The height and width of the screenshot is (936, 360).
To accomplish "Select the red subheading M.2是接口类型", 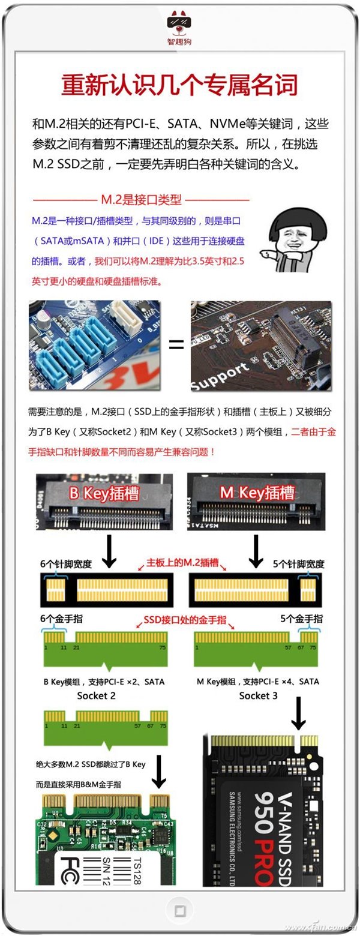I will (x=142, y=199).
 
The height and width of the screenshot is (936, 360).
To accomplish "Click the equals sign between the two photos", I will (x=176, y=344).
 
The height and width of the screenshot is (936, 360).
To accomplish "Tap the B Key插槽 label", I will (x=104, y=493).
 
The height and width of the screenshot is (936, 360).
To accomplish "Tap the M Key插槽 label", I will (x=257, y=493).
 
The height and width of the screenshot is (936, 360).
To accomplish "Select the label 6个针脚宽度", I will (x=66, y=564).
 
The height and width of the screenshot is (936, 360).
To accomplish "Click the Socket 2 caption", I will (x=96, y=695).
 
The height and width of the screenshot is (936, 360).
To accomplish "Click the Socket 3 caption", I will (x=258, y=695).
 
